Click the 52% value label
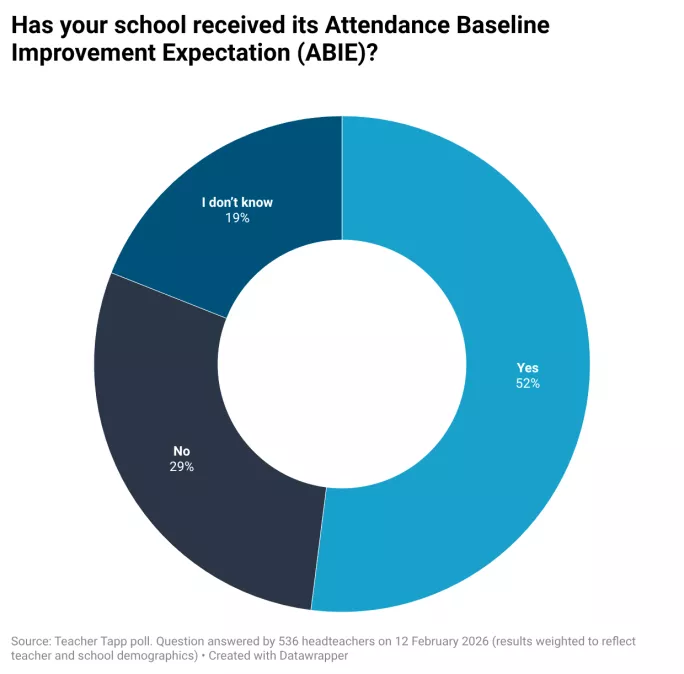(x=527, y=384)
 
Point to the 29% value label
(x=182, y=467)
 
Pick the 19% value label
(x=237, y=217)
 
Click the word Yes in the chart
(x=527, y=368)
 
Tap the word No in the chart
(x=182, y=451)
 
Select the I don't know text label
(x=237, y=202)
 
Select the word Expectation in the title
(x=205, y=53)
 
